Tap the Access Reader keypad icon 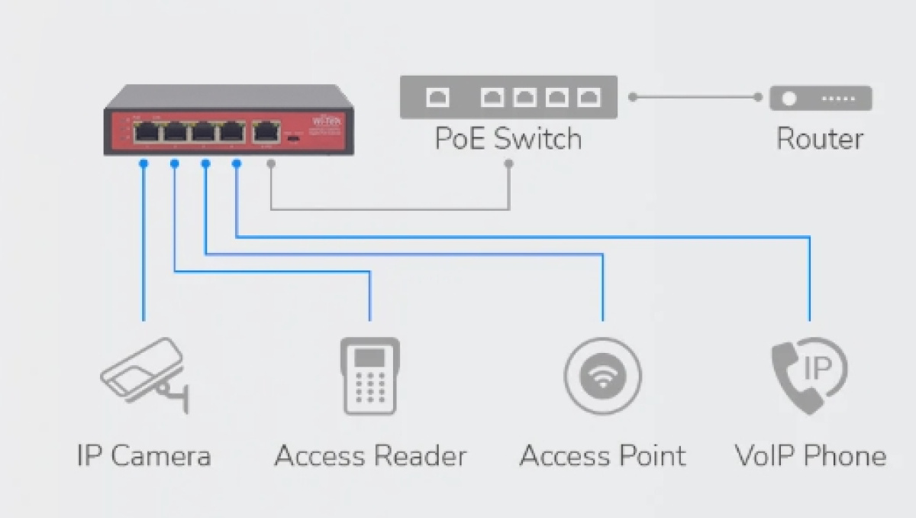point(370,376)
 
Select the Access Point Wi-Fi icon point(603,376)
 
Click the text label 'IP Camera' point(144,456)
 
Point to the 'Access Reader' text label point(370,456)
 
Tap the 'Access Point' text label point(602,456)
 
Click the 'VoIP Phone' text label point(810,456)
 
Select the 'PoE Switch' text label point(508,139)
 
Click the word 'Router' point(820,139)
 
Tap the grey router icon point(821,99)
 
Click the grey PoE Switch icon point(508,97)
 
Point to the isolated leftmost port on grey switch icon point(437,98)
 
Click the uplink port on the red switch point(266,131)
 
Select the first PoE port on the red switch point(146,131)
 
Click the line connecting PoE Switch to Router point(695,97)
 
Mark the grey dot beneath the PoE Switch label point(509,163)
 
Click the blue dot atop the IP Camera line point(144,163)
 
